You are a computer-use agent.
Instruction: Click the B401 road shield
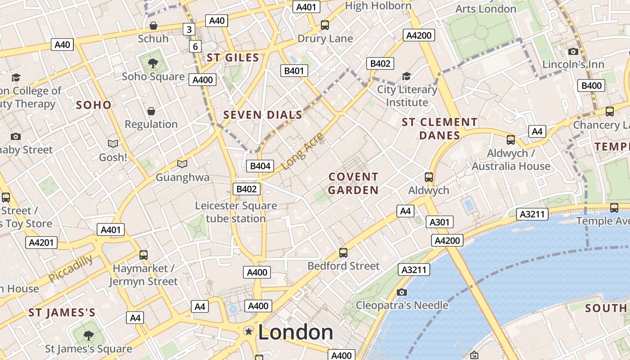[x=294, y=71]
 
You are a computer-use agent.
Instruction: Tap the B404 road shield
[x=260, y=166]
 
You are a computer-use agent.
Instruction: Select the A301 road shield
[x=439, y=222]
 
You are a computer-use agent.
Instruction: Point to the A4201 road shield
[x=41, y=243]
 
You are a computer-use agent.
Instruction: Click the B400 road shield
[x=591, y=85]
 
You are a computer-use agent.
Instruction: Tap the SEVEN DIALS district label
[x=263, y=115]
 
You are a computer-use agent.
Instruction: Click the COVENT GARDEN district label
[x=353, y=184]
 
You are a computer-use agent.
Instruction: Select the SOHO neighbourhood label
[x=94, y=105]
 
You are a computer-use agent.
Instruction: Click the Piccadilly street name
[x=70, y=268]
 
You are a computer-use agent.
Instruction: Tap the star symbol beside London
[x=248, y=332]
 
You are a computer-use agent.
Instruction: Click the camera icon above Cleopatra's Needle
[x=402, y=292]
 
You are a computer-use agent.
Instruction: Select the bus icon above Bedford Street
[x=343, y=252]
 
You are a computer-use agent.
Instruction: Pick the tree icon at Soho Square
[x=153, y=63]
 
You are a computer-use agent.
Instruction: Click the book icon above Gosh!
[x=113, y=144]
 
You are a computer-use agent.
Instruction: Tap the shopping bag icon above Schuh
[x=153, y=25]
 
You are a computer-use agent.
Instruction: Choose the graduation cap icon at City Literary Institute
[x=407, y=76]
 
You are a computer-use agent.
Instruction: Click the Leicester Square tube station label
[x=236, y=212]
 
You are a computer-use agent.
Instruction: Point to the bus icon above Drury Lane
[x=325, y=25]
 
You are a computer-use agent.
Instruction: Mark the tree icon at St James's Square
[x=88, y=335]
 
